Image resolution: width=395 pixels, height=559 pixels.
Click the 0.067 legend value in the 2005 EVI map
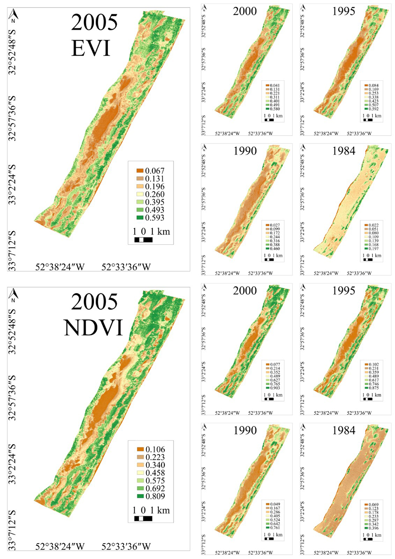[x=155, y=171]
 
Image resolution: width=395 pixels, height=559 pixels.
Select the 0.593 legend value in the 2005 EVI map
[x=155, y=218]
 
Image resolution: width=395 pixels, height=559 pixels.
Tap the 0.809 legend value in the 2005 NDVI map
[x=155, y=497]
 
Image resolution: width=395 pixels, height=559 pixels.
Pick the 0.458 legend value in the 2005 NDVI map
[x=155, y=473]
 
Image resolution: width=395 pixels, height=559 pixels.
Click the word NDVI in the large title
[x=94, y=328]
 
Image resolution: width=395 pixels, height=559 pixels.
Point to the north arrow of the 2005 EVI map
[x=15, y=17]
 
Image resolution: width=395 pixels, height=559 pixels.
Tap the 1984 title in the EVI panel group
[x=344, y=151]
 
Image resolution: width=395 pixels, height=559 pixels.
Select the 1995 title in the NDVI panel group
[x=344, y=291]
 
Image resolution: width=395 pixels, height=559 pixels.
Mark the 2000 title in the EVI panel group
[x=245, y=11]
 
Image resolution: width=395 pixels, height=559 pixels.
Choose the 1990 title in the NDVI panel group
[x=245, y=431]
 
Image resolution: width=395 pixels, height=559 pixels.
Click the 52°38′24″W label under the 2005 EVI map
[x=60, y=267]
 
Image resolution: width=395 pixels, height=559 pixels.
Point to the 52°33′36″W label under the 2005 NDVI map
[x=126, y=547]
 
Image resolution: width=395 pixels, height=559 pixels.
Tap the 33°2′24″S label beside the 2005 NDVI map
[x=12, y=464]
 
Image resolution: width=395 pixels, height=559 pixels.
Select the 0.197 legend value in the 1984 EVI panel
[x=373, y=249]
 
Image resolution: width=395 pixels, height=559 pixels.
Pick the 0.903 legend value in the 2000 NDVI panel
[x=275, y=388]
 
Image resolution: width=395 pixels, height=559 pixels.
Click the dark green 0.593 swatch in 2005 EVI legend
[x=140, y=218]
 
